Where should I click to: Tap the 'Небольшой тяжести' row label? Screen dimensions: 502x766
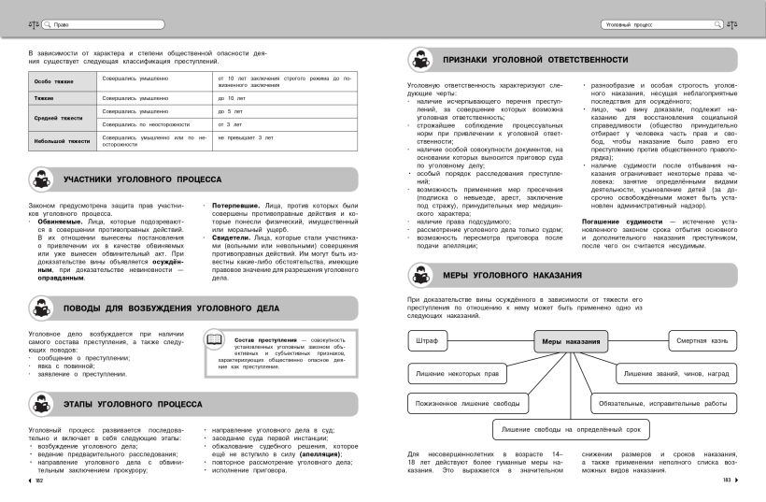tap(62, 141)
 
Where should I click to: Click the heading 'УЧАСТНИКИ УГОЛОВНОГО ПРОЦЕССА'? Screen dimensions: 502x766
tap(142, 179)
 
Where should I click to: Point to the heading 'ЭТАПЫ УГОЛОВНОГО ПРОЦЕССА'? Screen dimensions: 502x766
tap(132, 404)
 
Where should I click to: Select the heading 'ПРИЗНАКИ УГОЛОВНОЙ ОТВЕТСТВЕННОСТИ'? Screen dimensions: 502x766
tap(533, 59)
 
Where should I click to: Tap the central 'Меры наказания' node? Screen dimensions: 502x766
tap(571, 341)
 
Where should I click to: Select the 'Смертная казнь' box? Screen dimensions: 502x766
tap(702, 341)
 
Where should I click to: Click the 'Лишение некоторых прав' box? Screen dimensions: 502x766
tap(457, 373)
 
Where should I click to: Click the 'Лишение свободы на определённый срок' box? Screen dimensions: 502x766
tap(571, 429)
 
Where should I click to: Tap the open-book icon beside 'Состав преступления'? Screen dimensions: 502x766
tap(214, 341)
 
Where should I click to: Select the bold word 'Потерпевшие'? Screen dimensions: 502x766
tap(233, 204)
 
